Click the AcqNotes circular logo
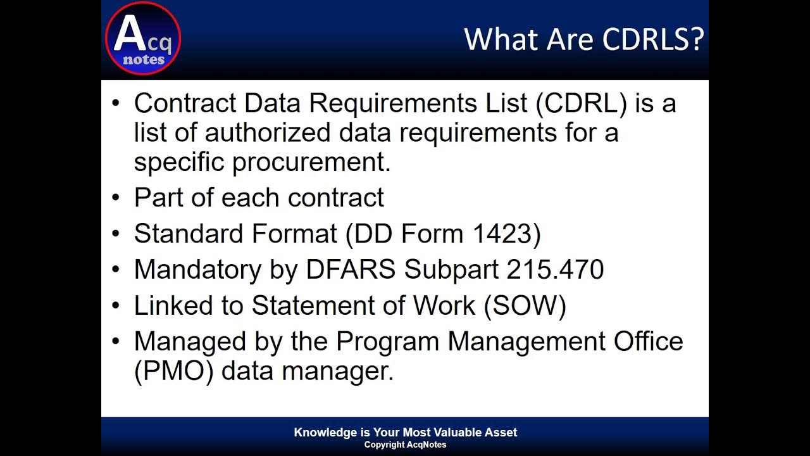tap(143, 39)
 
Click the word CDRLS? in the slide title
tap(653, 39)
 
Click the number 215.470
tap(555, 270)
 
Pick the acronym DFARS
tap(351, 270)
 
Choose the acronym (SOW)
tap(525, 306)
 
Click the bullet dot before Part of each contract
tap(115, 198)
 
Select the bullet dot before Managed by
tap(115, 342)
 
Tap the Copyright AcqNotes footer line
tap(405, 445)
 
